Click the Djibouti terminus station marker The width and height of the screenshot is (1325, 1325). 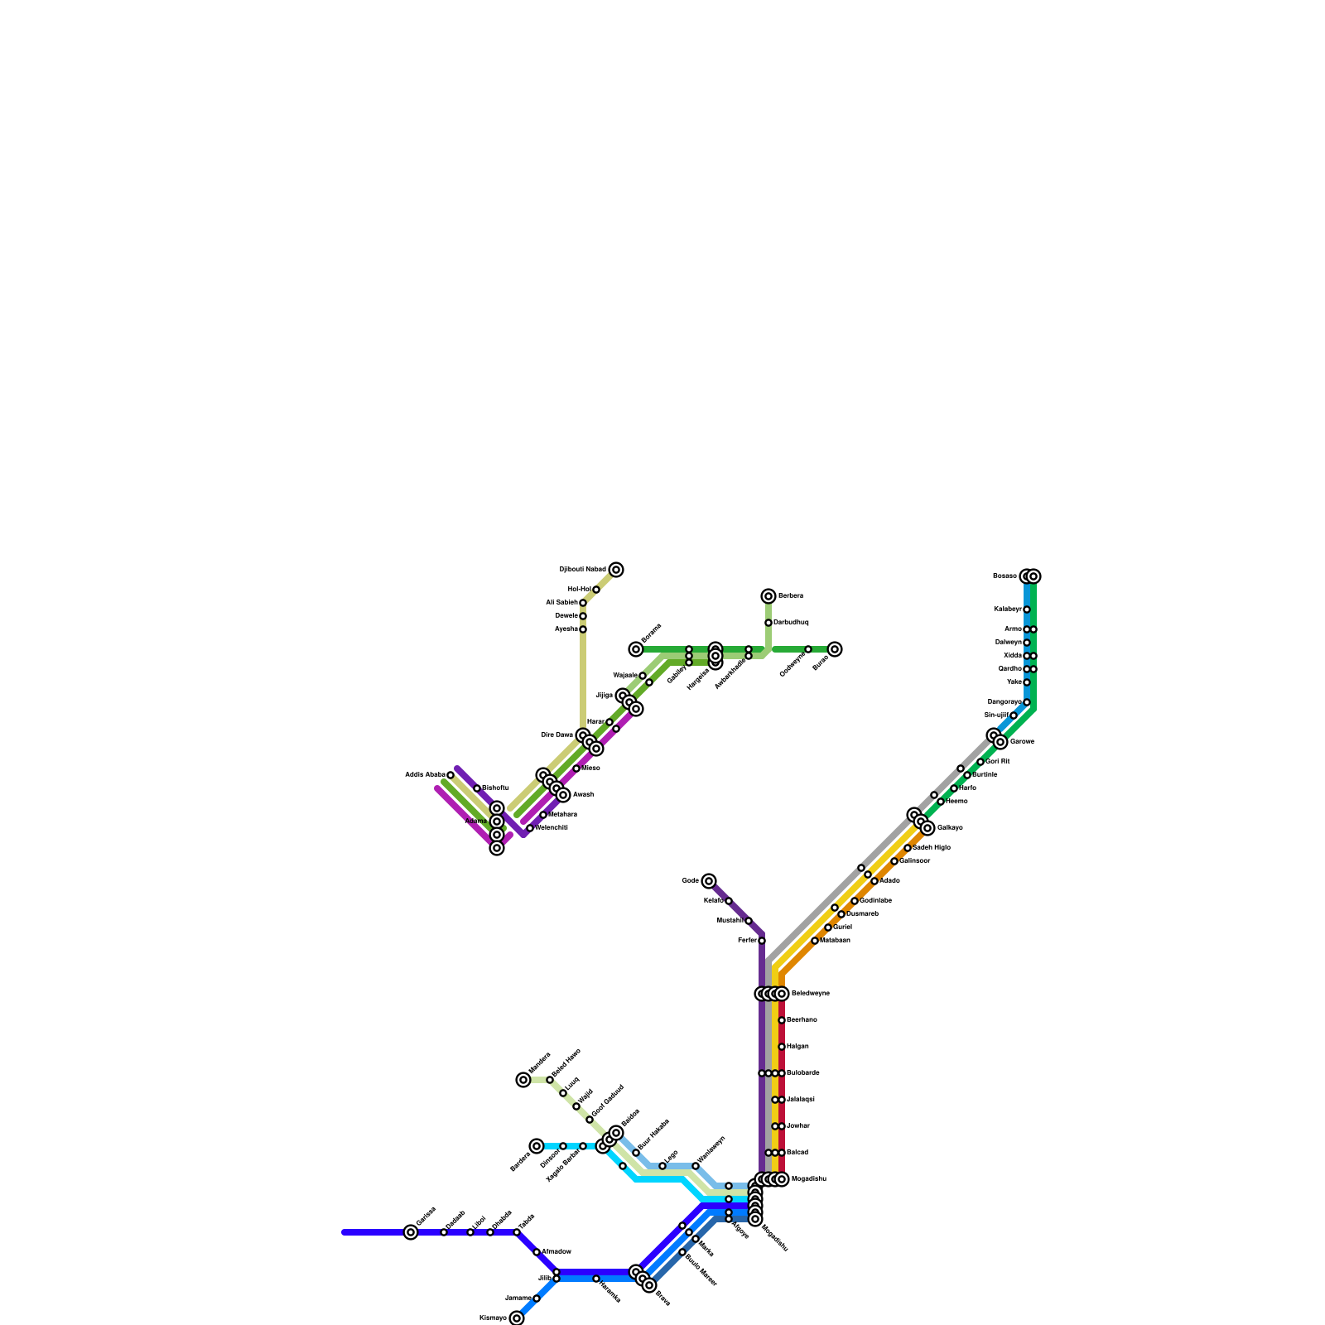click(x=616, y=570)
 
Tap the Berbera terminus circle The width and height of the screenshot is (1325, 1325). click(x=768, y=596)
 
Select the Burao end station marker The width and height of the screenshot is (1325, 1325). click(x=835, y=649)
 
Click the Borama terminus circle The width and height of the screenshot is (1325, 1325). click(x=636, y=649)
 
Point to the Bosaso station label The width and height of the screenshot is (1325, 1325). click(x=1005, y=576)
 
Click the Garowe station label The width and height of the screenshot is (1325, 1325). click(x=1022, y=741)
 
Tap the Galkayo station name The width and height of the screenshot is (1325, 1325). click(x=950, y=827)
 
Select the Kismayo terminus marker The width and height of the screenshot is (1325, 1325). click(x=517, y=1318)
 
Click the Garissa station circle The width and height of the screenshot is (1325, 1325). click(x=411, y=1232)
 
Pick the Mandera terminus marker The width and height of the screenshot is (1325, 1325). click(x=523, y=1080)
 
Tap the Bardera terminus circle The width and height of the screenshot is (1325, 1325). click(x=537, y=1146)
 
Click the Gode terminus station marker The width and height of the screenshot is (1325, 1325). click(x=709, y=881)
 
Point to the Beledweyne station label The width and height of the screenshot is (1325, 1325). click(x=810, y=993)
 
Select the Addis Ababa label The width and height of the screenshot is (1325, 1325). click(x=425, y=774)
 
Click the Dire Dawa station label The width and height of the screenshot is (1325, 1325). click(x=556, y=735)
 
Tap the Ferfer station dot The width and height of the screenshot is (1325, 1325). click(x=762, y=941)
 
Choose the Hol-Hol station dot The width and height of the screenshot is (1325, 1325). click(x=596, y=590)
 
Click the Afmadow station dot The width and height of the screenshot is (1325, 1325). click(x=537, y=1252)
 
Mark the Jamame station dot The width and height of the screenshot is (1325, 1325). click(x=537, y=1298)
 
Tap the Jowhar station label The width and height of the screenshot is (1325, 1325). click(x=797, y=1125)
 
